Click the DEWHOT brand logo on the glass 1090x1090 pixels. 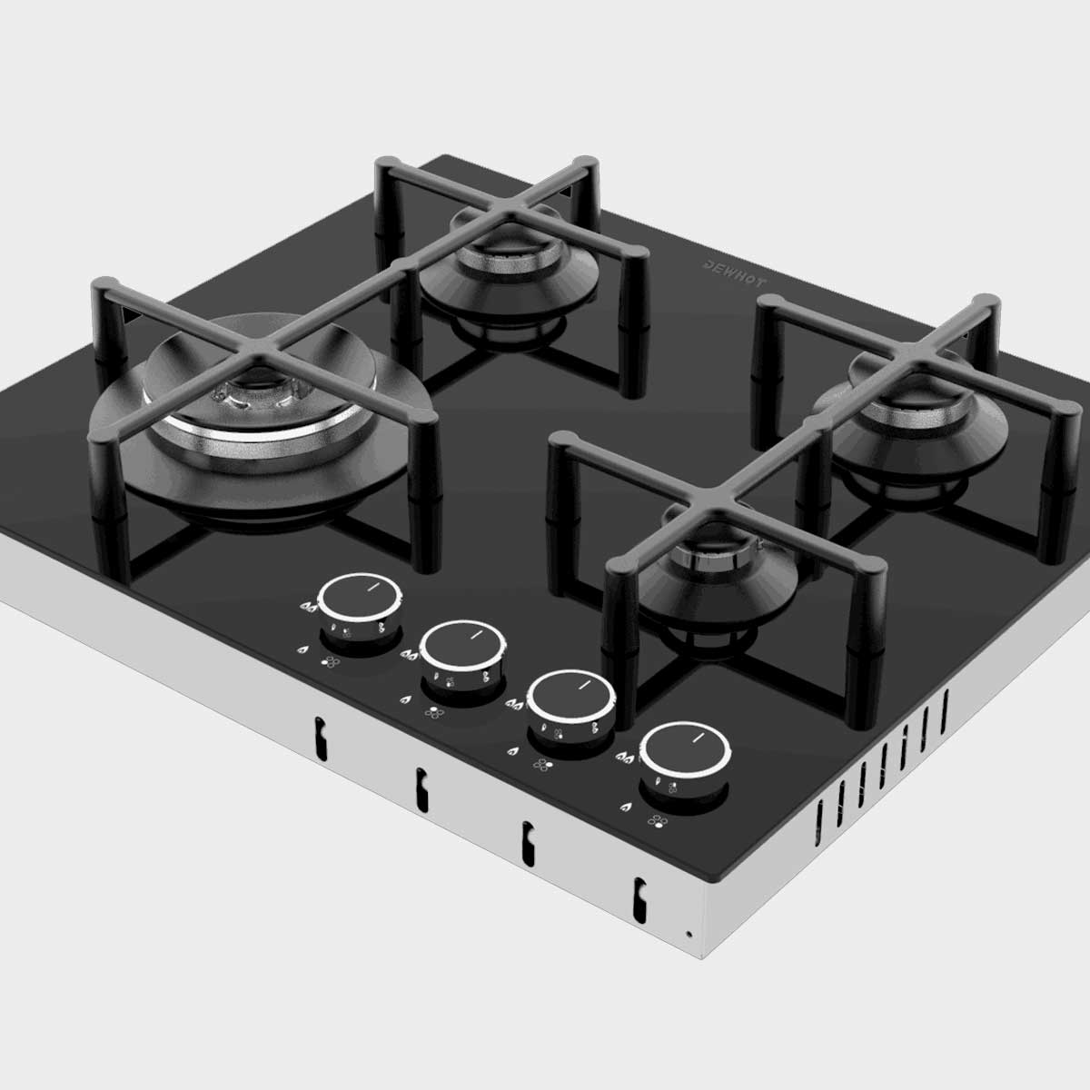tap(735, 272)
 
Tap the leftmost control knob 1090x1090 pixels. tap(361, 600)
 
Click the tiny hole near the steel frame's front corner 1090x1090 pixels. tap(689, 933)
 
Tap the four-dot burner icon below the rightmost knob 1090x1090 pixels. tap(655, 822)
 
